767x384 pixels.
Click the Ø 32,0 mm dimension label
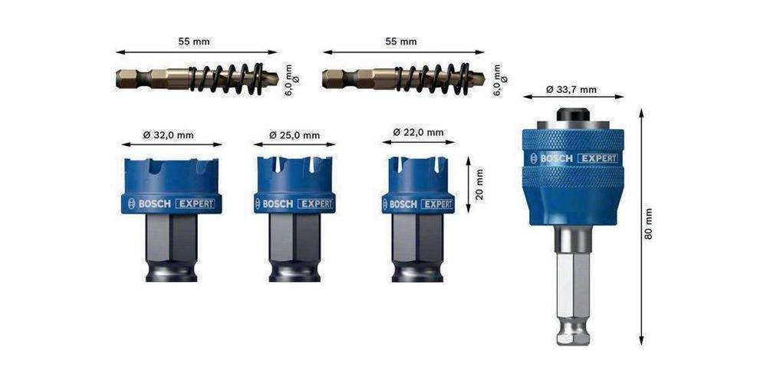pos(168,135)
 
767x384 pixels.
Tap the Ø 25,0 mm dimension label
pos(295,135)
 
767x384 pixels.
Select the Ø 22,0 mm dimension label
pos(418,132)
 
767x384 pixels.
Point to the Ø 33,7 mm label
pos(571,90)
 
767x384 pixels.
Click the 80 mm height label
pos(649,223)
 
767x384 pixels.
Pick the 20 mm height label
pos(479,184)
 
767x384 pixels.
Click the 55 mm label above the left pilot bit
pos(194,41)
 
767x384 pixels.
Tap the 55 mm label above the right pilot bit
pos(401,41)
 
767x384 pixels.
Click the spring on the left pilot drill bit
pos(226,79)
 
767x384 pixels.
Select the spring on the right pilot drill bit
pos(433,79)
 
